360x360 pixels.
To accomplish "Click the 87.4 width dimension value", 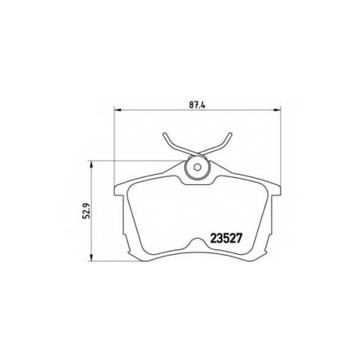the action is (198, 105).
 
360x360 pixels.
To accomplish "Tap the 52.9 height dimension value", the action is (86, 210).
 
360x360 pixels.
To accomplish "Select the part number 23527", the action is (225, 238).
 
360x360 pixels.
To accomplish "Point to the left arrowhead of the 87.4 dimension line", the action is (117, 110).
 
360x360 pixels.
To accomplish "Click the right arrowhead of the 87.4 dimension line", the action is (276, 110).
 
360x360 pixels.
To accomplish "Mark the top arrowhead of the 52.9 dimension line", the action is (91, 165).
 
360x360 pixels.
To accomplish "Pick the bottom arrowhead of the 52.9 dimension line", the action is (91, 258).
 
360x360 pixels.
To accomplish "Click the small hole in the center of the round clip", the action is (197, 167).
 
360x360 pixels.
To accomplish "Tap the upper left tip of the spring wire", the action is (164, 134).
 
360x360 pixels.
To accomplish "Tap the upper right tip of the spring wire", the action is (230, 135).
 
